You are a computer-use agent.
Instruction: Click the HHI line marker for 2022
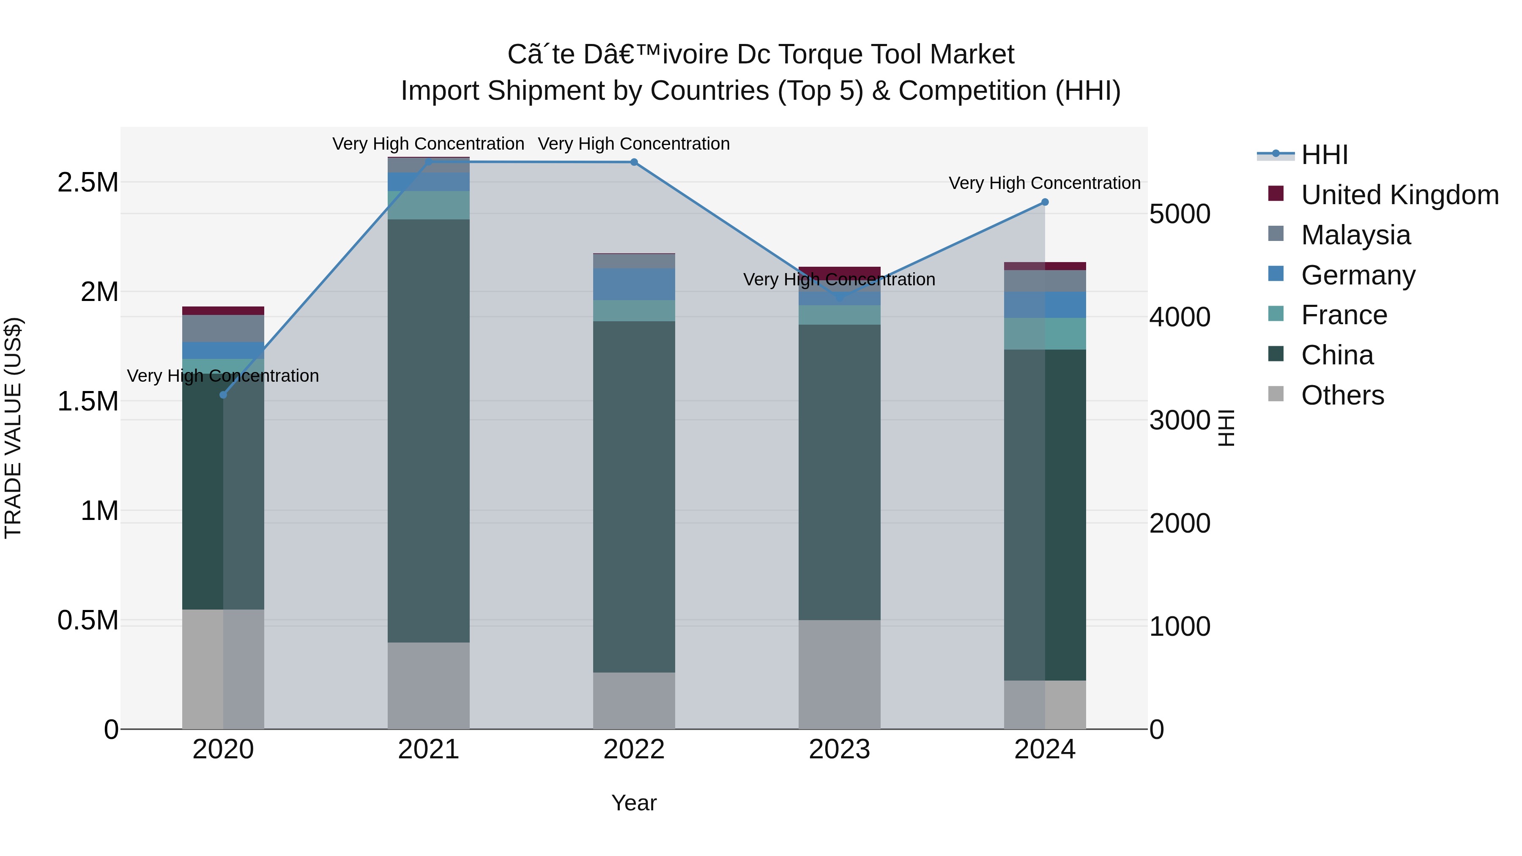pos(634,162)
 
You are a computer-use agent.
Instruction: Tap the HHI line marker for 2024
pos(1045,202)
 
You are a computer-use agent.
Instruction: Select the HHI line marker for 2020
pos(223,395)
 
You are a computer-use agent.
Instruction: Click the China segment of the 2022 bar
pos(634,496)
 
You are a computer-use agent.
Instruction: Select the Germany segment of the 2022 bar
pos(634,284)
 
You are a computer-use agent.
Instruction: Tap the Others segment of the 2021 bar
pos(428,685)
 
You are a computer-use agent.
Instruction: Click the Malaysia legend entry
pos(1355,235)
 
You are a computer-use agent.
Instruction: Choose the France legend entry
pos(1344,315)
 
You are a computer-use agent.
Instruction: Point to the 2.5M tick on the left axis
pos(88,183)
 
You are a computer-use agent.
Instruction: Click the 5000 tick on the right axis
pos(1179,214)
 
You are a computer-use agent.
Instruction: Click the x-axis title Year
pos(634,803)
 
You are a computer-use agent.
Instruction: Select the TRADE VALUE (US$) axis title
pos(13,428)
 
